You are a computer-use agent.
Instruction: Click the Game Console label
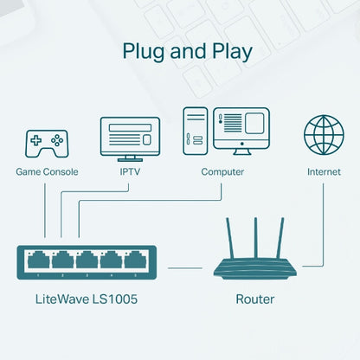click(x=47, y=171)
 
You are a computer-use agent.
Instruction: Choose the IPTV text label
click(x=130, y=171)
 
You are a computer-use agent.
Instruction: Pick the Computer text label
click(x=222, y=171)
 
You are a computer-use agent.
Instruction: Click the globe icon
click(x=323, y=135)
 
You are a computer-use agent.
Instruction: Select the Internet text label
click(x=323, y=171)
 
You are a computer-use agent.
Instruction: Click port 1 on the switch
click(x=38, y=260)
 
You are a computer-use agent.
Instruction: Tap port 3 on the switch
click(x=87, y=260)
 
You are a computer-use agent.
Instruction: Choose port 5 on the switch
click(x=135, y=260)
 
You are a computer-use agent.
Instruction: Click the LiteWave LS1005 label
click(x=87, y=299)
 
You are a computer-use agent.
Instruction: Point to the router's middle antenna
click(x=255, y=234)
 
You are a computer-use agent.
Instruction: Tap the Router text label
click(x=255, y=299)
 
